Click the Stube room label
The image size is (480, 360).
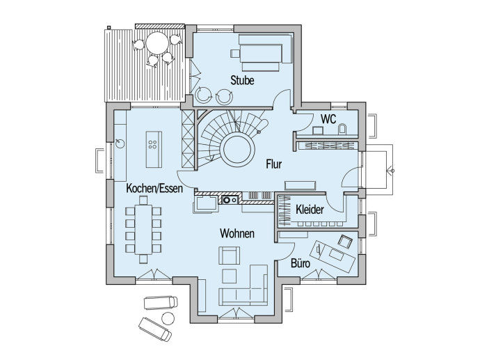(242, 80)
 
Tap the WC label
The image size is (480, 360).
(328, 119)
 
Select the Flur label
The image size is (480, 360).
(273, 164)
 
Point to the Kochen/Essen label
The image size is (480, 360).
(154, 188)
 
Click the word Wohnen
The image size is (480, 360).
(237, 233)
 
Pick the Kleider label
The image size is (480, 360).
(310, 210)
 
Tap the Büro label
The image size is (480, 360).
(301, 263)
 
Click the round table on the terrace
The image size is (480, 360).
(158, 43)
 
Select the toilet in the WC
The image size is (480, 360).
(342, 129)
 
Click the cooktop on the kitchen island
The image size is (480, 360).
(153, 145)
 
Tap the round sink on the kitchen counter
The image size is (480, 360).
(120, 143)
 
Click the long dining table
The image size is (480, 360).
(143, 230)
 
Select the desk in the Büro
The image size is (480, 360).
(333, 256)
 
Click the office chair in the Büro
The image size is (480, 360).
(345, 241)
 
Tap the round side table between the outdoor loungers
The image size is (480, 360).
(167, 318)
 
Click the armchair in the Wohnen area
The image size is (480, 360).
(229, 256)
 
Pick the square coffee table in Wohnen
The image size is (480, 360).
(229, 276)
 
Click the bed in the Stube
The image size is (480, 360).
(261, 54)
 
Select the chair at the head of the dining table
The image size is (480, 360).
(143, 201)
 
